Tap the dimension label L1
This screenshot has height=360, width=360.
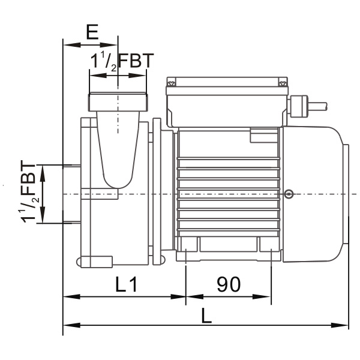click(x=126, y=284)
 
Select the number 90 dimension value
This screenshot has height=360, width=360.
click(x=229, y=284)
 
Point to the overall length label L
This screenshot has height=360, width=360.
click(x=206, y=316)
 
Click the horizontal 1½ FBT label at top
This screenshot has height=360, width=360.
click(x=122, y=61)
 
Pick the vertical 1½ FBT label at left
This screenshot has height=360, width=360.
click(x=29, y=192)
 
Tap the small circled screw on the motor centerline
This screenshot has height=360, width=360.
click(x=289, y=194)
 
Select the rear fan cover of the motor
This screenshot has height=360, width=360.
click(x=314, y=194)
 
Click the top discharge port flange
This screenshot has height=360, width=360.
click(x=118, y=102)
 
